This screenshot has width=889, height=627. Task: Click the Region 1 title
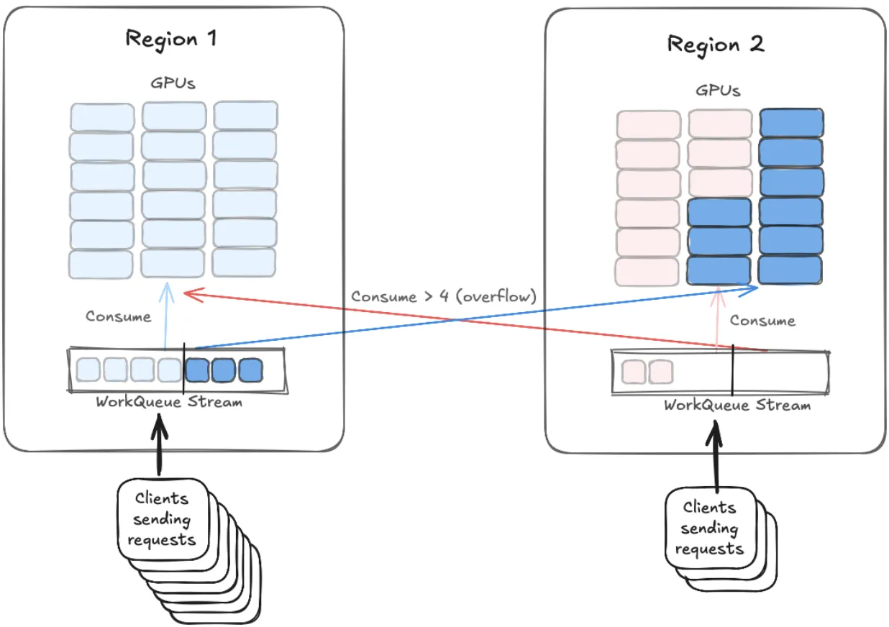(170, 38)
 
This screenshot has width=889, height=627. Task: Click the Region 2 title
(716, 45)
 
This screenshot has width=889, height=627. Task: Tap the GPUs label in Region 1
(173, 83)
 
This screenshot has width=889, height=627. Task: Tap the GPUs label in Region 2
(718, 91)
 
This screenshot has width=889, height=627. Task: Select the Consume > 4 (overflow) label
(444, 296)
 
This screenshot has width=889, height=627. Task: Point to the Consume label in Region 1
(119, 316)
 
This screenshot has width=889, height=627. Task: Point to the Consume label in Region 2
(762, 321)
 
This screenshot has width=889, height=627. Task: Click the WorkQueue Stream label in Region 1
(169, 402)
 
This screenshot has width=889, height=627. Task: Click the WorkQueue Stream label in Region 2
(737, 406)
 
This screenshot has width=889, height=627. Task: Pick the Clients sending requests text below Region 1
(163, 518)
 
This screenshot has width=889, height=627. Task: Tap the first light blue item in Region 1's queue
(88, 370)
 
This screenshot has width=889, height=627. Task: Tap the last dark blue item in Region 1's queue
(250, 370)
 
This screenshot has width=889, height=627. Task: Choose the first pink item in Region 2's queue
(633, 372)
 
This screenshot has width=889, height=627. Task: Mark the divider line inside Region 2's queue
(732, 371)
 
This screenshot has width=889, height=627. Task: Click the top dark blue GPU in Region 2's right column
(790, 123)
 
